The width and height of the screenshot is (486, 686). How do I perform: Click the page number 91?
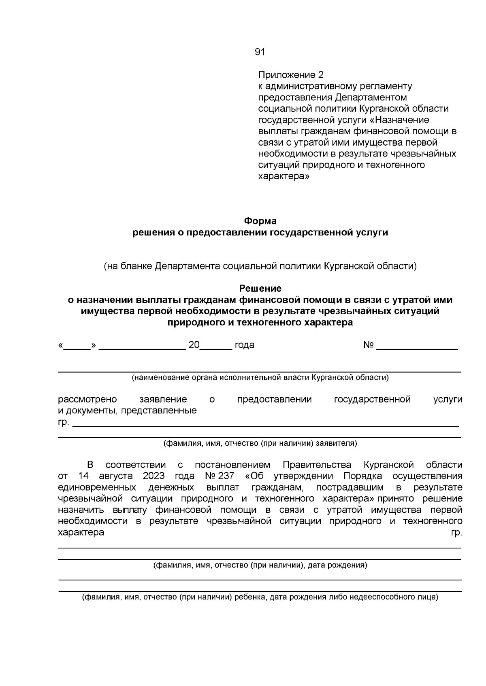tap(260, 52)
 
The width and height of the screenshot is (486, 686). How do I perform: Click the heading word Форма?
tap(260, 221)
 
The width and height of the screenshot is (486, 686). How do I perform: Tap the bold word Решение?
tap(260, 288)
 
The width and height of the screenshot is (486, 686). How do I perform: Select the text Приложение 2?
tap(291, 75)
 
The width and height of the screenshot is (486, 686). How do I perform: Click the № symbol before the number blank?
tap(368, 345)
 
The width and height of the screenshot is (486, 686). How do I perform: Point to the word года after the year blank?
tap(245, 345)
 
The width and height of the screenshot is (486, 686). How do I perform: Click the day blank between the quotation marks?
tap(77, 347)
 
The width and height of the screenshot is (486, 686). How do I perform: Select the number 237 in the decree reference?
tap(226, 476)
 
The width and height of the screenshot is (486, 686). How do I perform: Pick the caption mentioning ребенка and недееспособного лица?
tap(260, 597)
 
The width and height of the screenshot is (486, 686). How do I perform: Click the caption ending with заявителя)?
tap(260, 443)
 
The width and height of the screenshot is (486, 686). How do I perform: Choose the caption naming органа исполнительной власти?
tap(260, 377)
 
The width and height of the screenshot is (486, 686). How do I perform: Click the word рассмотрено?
tap(87, 400)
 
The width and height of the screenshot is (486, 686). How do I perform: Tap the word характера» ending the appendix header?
tap(284, 176)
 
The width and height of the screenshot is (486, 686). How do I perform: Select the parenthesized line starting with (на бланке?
tap(260, 266)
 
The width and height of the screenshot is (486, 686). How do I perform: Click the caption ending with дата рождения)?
tap(260, 565)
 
